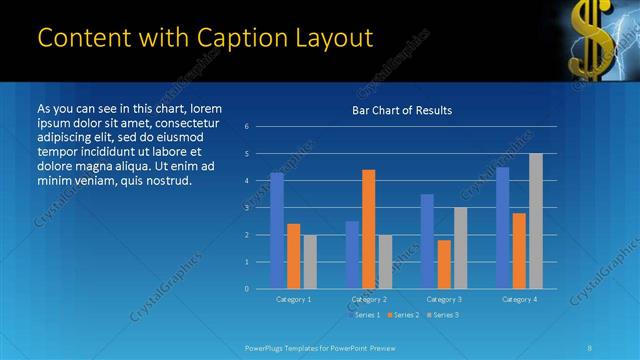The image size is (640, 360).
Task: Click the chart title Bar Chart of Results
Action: coord(401,110)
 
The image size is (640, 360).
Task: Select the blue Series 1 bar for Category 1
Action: coord(277,231)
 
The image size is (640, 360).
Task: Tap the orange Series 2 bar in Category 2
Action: coord(369,229)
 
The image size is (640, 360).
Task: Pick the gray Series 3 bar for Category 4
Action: coord(536,221)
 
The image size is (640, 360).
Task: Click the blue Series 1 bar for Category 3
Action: coord(427,241)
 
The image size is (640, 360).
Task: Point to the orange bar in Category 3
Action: coord(444,264)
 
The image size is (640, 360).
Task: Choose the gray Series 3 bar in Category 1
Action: coord(310,262)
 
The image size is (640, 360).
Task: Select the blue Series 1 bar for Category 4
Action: coord(502,228)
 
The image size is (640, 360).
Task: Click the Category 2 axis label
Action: coord(369,299)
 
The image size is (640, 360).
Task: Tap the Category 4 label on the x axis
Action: coord(519,299)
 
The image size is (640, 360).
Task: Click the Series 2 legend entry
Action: coord(403,315)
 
